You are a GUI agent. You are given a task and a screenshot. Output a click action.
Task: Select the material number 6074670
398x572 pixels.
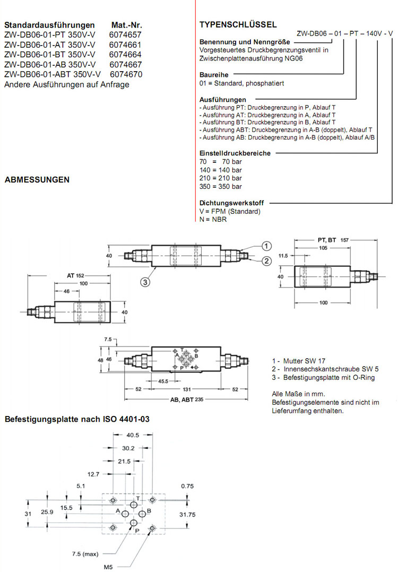125,74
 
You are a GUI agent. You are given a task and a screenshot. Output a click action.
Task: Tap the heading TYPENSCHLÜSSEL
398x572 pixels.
238,24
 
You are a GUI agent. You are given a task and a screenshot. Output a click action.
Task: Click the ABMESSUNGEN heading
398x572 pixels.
37,180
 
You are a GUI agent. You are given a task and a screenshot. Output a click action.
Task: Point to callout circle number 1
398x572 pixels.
266,246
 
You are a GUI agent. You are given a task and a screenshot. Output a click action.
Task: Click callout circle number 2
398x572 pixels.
266,260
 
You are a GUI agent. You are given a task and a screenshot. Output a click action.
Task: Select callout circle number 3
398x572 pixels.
144,282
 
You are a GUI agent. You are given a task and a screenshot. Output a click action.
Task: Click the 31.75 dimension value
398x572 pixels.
188,514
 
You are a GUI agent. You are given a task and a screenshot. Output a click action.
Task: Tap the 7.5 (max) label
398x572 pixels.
85,554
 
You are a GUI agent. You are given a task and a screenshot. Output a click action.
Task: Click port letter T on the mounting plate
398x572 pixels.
137,498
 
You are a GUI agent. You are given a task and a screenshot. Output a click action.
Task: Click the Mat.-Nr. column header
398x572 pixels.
127,25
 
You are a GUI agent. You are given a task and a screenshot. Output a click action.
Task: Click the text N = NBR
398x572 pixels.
213,219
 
